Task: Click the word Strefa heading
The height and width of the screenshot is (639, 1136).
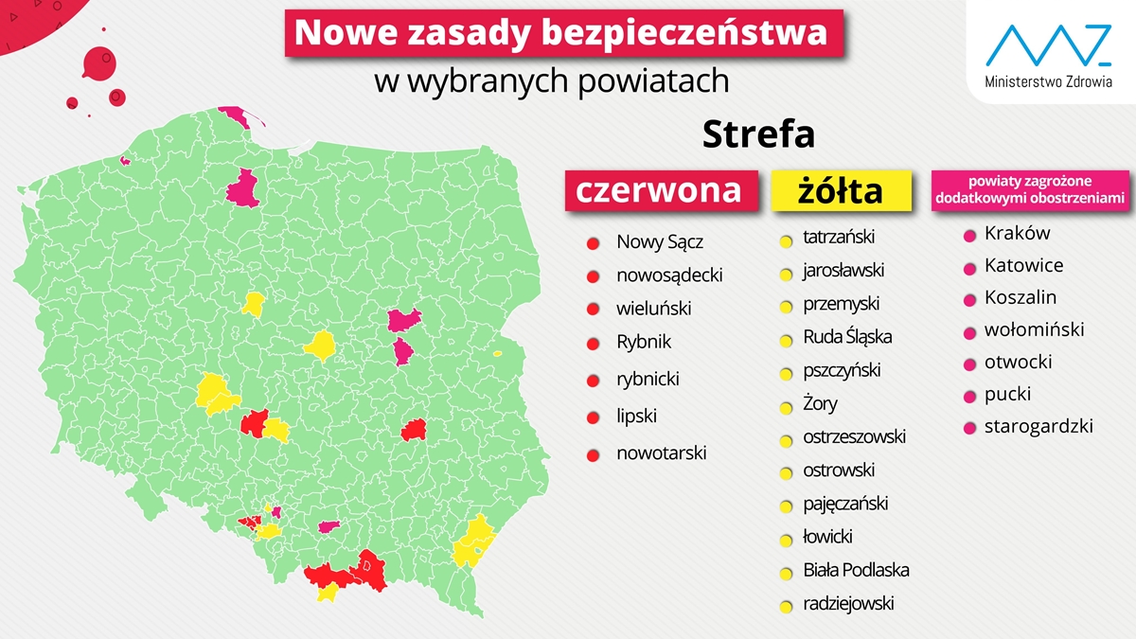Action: [x=758, y=134]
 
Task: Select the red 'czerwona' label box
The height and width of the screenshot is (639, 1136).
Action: [x=660, y=189]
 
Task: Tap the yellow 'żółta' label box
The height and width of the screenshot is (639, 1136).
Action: [x=841, y=190]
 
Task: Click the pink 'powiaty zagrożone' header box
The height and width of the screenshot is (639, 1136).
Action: [x=1029, y=188]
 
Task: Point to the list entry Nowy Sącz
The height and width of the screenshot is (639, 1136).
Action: [x=660, y=242]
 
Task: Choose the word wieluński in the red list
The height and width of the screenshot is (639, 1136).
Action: [x=653, y=309]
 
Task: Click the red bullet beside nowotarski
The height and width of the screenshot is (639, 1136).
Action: [x=594, y=454]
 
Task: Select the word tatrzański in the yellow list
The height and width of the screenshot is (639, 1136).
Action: [x=839, y=237]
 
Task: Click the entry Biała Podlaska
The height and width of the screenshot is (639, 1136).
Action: [x=856, y=570]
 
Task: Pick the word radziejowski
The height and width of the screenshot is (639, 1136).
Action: [x=848, y=604]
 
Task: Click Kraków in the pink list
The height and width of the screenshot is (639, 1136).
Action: [x=1017, y=233]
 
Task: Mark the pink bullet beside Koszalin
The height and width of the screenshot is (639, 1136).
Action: [x=969, y=300]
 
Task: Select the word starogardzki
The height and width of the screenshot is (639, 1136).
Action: [x=1038, y=426]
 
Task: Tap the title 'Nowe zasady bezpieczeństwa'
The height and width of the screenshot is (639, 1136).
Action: [x=562, y=33]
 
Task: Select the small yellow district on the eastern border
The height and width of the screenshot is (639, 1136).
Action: [x=497, y=354]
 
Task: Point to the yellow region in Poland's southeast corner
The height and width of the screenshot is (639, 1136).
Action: [x=471, y=542]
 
